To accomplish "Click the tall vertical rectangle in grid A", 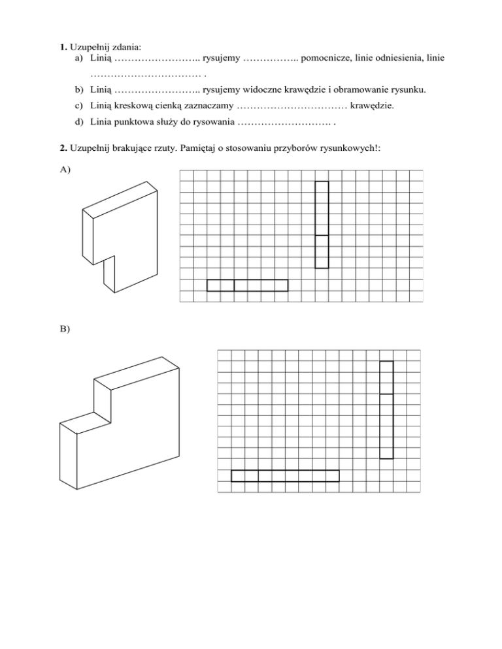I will point(321,225).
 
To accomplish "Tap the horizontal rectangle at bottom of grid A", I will point(247,285).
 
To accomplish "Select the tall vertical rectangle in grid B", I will point(386,409).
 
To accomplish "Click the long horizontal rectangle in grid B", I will point(285,476).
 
